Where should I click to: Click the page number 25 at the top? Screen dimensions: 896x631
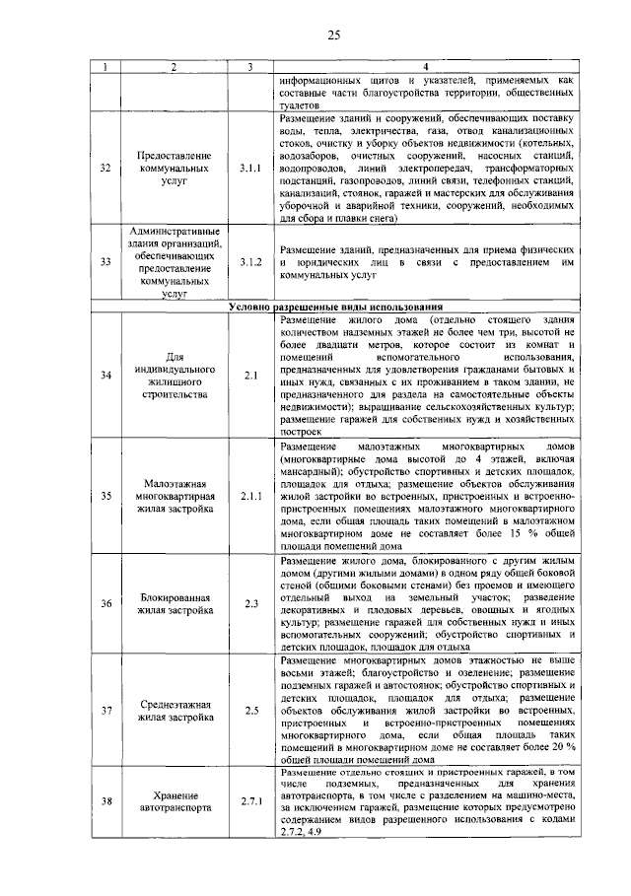click(333, 36)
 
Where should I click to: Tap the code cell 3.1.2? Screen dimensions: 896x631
click(249, 262)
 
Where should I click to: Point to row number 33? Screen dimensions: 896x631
click(105, 262)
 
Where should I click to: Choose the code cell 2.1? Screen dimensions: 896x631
click(249, 376)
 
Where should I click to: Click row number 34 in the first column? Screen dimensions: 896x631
click(105, 376)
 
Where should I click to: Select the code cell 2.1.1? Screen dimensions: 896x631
click(249, 496)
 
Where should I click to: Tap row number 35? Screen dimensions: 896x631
click(105, 496)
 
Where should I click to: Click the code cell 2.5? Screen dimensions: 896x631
click(249, 710)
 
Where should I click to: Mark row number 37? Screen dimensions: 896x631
click(105, 710)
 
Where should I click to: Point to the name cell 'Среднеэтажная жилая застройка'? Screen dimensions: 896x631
click(174, 710)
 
